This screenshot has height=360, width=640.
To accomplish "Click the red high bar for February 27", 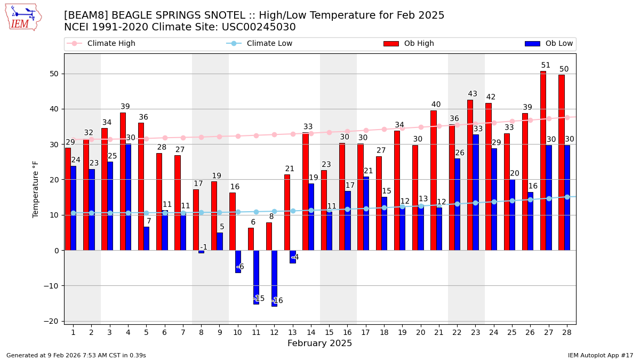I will coord(543,160).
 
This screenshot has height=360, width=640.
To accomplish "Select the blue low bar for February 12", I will coord(274,278).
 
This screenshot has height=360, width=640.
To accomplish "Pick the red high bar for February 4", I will coord(123,181).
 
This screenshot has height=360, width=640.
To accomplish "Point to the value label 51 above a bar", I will coord(546,66).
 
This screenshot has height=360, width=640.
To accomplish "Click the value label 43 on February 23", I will coord(473,94).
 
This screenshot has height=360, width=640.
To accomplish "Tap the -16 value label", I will coord(277,301).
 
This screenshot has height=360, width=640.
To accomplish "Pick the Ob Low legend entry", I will coord(549,44).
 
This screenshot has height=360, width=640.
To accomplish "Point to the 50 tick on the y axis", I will coord(54,74).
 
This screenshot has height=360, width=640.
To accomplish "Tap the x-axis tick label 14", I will coord(310,332).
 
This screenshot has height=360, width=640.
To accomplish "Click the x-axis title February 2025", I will coord(319,343).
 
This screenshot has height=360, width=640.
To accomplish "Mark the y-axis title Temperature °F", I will coord(36,189).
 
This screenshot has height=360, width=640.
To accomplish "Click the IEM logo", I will coord(23,17).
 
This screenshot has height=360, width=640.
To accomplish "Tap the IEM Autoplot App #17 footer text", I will coord(601,355).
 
